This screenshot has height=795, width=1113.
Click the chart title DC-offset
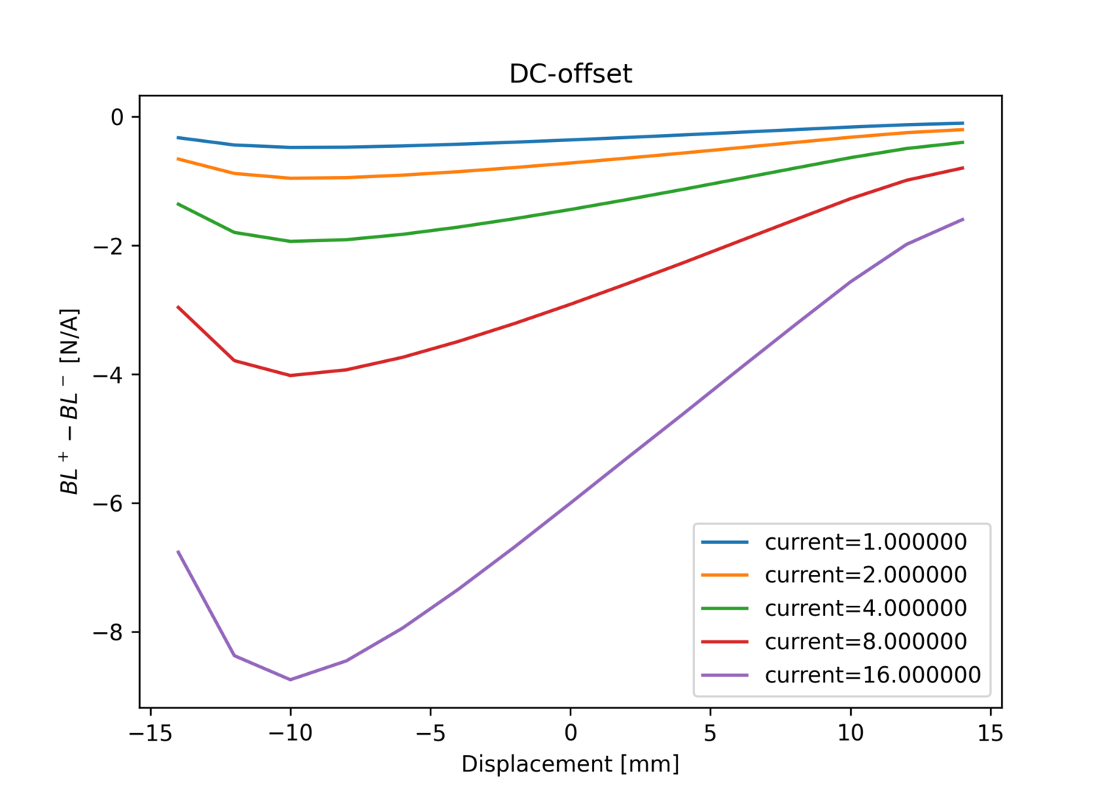[570, 74]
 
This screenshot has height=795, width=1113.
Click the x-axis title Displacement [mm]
[570, 764]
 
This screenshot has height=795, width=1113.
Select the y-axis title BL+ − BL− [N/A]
[70, 401]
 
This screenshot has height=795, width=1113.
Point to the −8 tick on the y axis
[107, 632]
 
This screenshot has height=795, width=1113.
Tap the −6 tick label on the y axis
[107, 504]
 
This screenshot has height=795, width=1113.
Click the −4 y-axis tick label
[107, 375]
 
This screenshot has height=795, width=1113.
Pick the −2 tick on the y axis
[107, 246]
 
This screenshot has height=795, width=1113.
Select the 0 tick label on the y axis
[117, 117]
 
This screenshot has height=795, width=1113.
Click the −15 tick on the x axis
[150, 733]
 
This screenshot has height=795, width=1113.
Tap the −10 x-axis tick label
[290, 733]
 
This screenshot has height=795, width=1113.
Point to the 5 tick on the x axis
[710, 733]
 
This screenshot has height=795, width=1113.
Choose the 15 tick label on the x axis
[990, 733]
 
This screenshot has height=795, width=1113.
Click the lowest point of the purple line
[290, 679]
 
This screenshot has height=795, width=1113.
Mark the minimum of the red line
[290, 375]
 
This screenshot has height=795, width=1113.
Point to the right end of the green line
[963, 142]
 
